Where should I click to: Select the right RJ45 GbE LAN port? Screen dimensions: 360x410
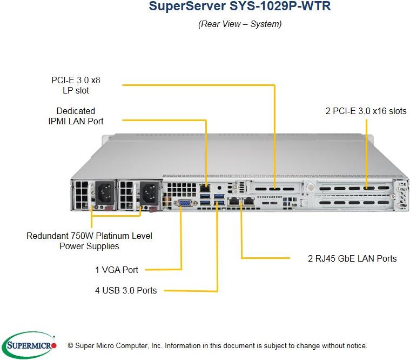248,202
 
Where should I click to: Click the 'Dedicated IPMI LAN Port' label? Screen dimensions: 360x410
76,116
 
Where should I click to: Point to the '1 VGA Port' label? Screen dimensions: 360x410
117,270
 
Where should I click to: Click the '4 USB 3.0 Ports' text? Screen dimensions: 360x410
126,290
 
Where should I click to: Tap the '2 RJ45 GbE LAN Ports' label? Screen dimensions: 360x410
352,258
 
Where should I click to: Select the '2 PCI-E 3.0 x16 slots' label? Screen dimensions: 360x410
366,111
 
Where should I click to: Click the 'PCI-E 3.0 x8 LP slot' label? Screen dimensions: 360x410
76,85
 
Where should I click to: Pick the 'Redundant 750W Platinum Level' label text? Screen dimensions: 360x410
89,236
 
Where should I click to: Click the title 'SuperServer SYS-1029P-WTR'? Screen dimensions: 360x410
239,7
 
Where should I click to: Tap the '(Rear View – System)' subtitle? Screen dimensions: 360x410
239,24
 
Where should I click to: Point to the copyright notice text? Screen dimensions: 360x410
217,345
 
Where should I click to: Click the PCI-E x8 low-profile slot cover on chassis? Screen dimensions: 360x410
273,190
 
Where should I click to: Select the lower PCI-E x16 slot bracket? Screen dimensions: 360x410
353,203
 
